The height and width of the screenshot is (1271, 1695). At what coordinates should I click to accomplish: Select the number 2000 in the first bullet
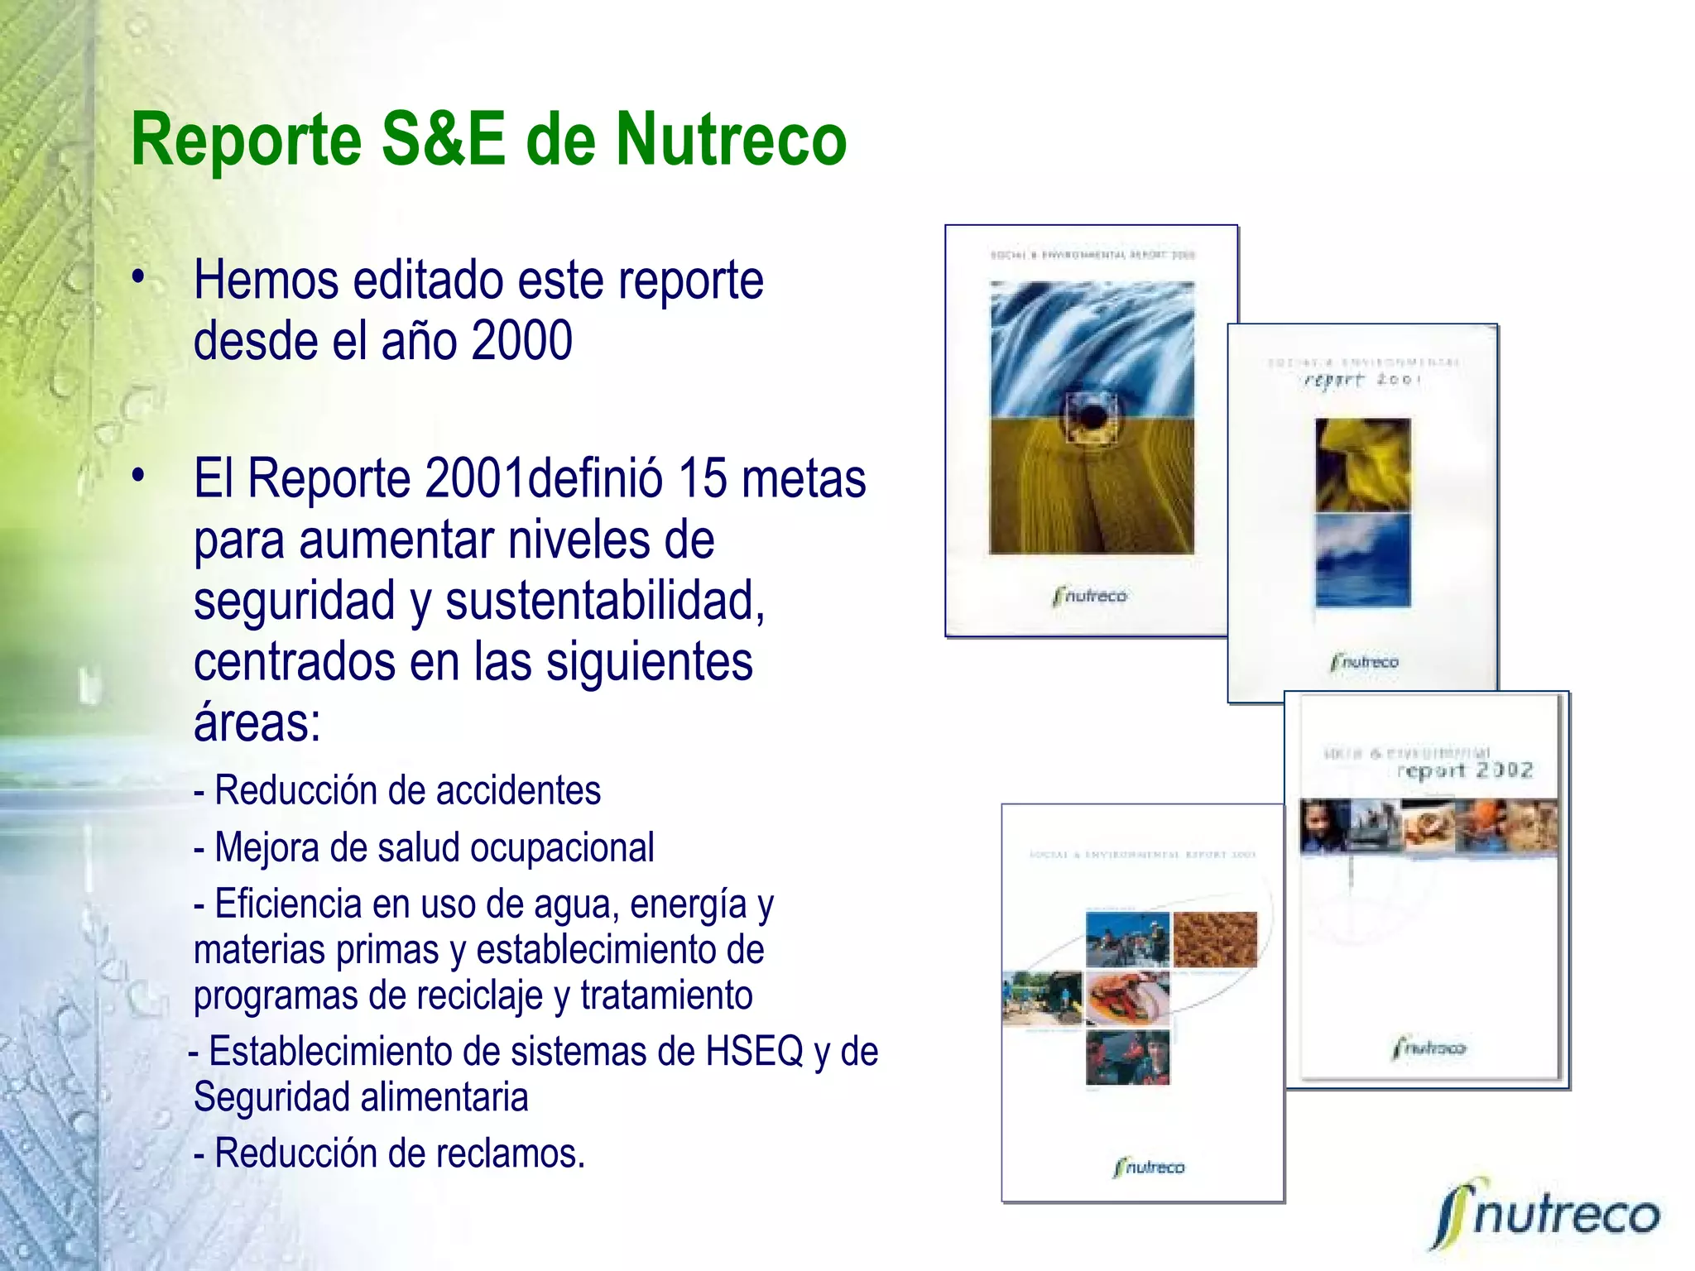tap(521, 341)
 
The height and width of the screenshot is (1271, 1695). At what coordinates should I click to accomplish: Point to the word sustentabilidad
tap(604, 601)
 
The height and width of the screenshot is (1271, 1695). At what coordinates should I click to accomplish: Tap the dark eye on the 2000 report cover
tap(1092, 416)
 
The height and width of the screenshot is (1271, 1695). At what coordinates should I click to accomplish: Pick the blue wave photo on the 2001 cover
tap(1362, 560)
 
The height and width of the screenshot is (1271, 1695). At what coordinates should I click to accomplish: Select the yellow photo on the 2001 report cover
tap(1362, 463)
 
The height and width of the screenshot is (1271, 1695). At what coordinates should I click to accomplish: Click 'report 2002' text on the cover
tap(1464, 770)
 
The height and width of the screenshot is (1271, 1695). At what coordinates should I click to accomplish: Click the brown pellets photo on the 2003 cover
tap(1214, 939)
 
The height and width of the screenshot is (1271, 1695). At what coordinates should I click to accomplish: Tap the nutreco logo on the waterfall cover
tap(1090, 596)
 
